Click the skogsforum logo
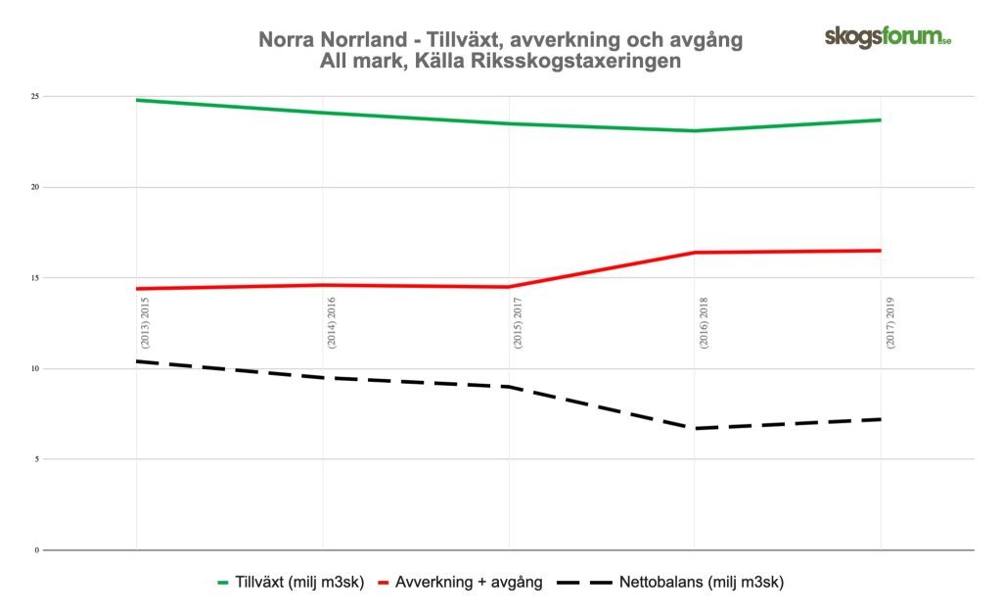click(888, 37)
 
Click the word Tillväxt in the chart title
click(457, 40)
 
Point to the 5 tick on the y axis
click(35, 459)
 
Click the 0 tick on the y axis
click(35, 549)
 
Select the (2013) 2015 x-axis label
click(144, 323)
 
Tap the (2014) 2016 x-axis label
click(331, 323)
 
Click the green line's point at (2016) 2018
click(694, 130)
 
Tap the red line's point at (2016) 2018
click(694, 253)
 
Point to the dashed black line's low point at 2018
click(694, 428)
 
